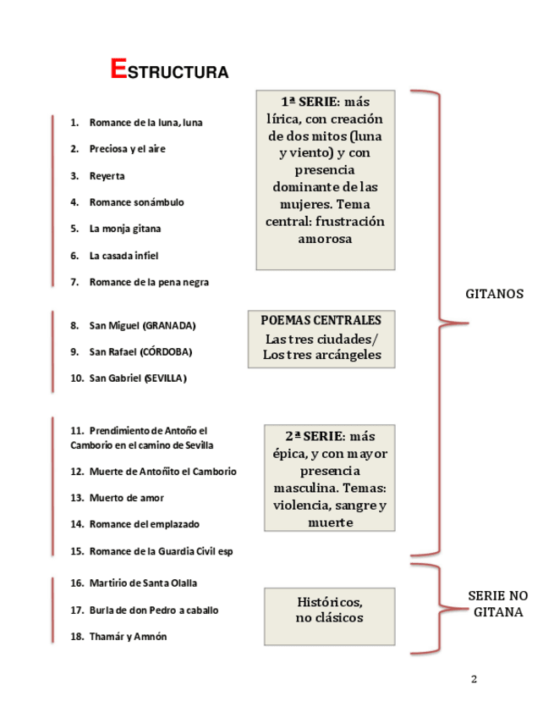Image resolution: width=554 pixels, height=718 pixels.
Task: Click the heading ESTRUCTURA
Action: click(169, 70)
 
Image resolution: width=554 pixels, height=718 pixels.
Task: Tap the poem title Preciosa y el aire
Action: click(128, 149)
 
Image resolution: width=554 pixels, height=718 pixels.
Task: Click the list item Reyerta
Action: click(107, 176)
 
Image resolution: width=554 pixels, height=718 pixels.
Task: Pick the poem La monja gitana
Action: click(125, 229)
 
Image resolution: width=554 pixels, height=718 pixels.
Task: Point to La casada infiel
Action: click(123, 256)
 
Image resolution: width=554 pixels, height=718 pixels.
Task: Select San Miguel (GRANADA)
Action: click(142, 325)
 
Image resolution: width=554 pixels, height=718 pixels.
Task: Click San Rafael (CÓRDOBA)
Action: click(140, 351)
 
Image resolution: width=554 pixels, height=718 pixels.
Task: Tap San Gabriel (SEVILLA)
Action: click(138, 378)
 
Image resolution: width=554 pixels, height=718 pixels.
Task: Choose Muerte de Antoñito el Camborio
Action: click(162, 472)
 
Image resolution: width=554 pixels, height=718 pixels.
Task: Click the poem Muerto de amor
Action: click(127, 498)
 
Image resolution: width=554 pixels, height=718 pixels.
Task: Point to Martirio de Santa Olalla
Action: click(145, 583)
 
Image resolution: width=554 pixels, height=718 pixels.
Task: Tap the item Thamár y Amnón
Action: click(128, 637)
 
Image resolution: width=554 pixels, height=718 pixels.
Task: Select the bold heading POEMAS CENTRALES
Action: click(321, 321)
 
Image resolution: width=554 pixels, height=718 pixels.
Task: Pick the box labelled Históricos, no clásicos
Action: click(329, 610)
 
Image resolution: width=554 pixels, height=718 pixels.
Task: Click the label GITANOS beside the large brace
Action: click(495, 295)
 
